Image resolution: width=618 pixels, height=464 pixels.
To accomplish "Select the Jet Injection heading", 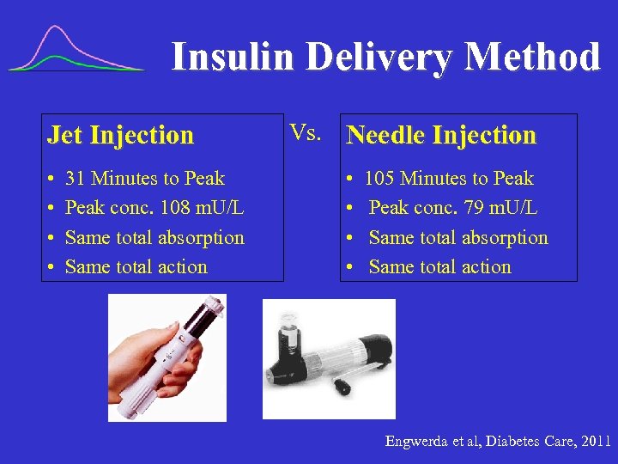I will pyautogui.click(x=121, y=135).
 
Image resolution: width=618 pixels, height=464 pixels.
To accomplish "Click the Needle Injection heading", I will pyautogui.click(x=440, y=135).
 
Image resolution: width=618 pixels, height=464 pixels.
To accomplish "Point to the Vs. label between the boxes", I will pyautogui.click(x=306, y=132).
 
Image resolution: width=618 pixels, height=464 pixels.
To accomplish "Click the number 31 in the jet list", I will pyautogui.click(x=75, y=179).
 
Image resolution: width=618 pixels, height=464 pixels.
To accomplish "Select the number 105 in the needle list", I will pyautogui.click(x=379, y=179).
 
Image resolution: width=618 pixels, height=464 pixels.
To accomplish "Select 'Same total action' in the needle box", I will pyautogui.click(x=439, y=267).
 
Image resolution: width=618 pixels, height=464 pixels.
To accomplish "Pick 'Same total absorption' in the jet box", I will pyautogui.click(x=154, y=238).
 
